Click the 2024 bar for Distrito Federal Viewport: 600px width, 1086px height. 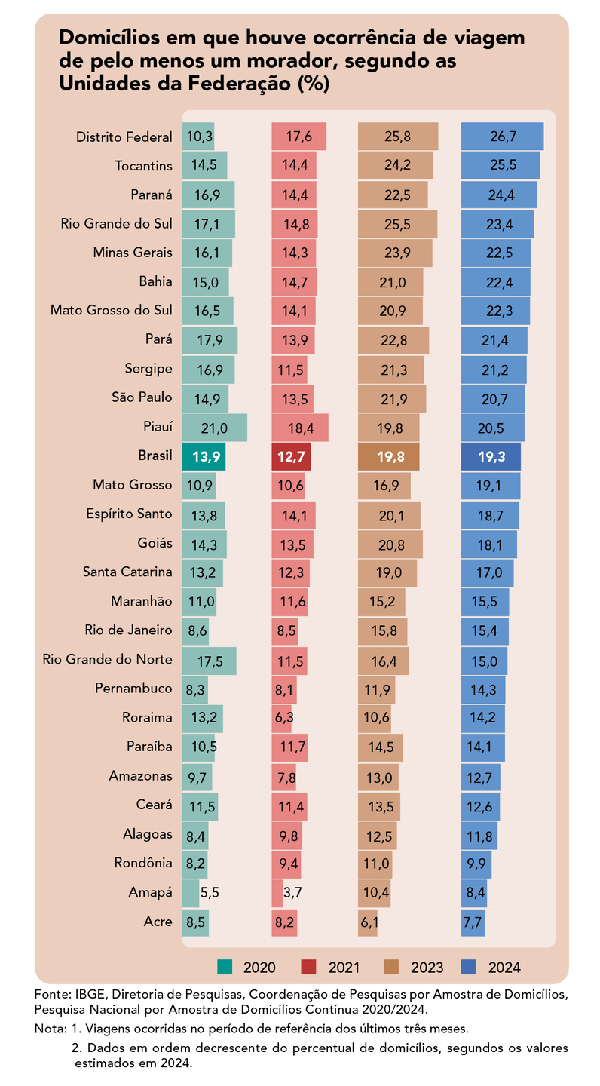tap(502, 137)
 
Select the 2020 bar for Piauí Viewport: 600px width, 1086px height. tap(214, 428)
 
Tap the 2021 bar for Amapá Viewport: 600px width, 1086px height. tap(277, 893)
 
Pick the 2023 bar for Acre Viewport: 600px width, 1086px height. tap(367, 922)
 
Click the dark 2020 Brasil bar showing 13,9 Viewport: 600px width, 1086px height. tap(204, 456)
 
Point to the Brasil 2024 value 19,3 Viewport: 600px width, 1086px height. tap(490, 456)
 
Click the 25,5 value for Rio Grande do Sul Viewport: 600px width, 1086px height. tap(396, 224)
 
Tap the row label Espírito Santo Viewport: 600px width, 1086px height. tap(130, 514)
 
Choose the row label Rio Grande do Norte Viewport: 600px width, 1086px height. tap(108, 660)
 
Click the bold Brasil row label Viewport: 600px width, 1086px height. tap(155, 456)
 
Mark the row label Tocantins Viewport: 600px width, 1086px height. tap(143, 166)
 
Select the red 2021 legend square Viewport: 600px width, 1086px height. tap(308, 967)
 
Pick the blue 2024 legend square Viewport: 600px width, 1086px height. tap(469, 967)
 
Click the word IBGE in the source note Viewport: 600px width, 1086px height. tap(90, 995)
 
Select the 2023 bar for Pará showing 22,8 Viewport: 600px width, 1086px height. tap(393, 340)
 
